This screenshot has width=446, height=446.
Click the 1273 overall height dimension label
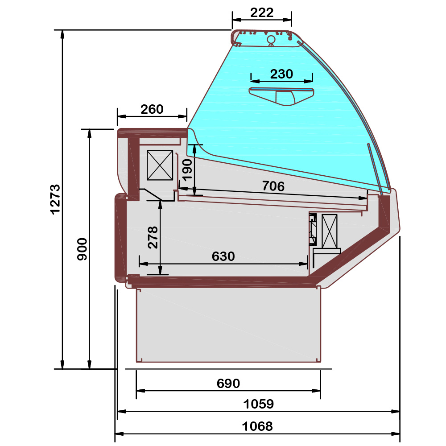[x=54, y=199]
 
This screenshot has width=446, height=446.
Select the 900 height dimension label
[x=82, y=249]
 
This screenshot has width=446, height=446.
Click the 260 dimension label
[x=152, y=109]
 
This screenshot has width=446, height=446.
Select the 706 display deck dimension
[x=273, y=186]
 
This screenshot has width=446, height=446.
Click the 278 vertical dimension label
[x=153, y=237]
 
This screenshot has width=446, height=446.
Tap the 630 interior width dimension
[x=223, y=256]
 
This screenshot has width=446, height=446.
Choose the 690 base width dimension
[x=228, y=383]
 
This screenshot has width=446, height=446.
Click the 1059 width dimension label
[x=258, y=404]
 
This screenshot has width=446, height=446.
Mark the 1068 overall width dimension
[x=257, y=426]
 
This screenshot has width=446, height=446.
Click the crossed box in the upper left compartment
[x=160, y=165]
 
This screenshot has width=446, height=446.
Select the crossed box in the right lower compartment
[x=329, y=231]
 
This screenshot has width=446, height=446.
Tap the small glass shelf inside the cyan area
[x=281, y=95]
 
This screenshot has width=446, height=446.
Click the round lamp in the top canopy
[x=271, y=40]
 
